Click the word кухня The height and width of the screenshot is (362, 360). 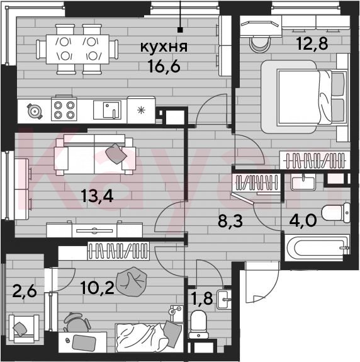point(164,47)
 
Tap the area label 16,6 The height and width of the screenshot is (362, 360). point(164,66)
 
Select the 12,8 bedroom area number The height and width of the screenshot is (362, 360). point(312,43)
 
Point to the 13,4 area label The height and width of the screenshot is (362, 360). point(97,196)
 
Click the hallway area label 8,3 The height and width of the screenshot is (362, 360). point(230,221)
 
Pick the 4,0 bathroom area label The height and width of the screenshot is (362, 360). point(303,220)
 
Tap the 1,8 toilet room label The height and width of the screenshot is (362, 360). point(201,298)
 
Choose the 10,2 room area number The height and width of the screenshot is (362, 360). point(98,288)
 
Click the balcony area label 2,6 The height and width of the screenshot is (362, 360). point(25,291)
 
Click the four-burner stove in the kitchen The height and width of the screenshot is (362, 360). point(64,109)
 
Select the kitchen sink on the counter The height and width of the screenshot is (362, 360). point(107,110)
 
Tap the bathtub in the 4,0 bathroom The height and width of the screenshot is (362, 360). point(317,247)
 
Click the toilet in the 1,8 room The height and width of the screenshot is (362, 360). point(198,324)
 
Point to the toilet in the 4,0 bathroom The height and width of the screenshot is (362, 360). point(336,213)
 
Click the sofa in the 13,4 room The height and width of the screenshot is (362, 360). point(94,155)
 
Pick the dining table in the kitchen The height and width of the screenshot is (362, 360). point(77,49)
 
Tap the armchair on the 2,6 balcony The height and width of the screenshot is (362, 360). point(24,329)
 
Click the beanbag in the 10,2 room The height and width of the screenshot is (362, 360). point(132,281)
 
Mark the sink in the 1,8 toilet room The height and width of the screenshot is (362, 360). point(224,300)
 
